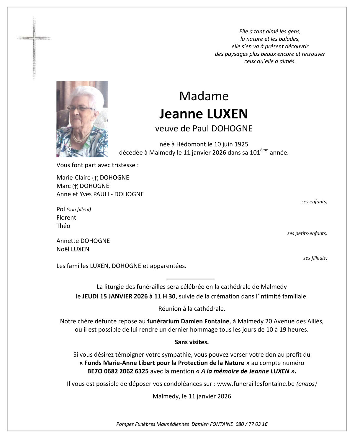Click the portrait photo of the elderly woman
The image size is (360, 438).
tap(82, 119)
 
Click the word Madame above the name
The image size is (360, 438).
tap(204, 96)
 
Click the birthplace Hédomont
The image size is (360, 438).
tap(191, 144)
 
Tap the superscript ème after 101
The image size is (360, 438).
tap(264, 150)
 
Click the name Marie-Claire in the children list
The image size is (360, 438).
tap(73, 177)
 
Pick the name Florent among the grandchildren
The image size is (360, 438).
tap(66, 218)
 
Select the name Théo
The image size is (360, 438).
tap(63, 226)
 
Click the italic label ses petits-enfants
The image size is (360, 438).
tap(307, 233)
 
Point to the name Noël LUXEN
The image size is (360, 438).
tap(73, 249)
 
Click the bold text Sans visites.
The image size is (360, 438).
tap(192, 342)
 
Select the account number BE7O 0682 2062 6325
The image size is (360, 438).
tap(118, 371)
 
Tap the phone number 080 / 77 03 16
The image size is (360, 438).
tap(251, 424)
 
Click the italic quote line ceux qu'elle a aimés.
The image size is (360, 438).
tap(270, 61)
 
